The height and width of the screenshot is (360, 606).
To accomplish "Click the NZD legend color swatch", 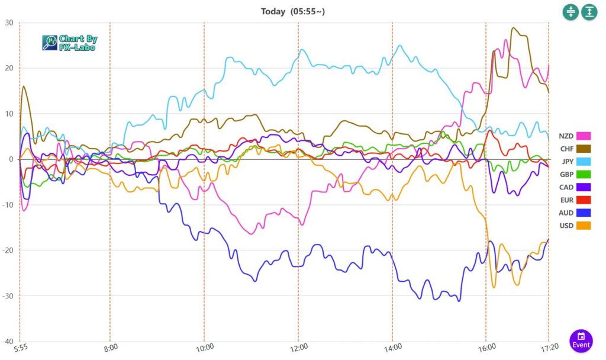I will point(584,136).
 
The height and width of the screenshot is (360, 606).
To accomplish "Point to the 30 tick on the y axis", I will point(9,22).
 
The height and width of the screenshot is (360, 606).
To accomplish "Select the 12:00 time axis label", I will point(298,347).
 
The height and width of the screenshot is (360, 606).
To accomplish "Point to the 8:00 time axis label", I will point(110,347).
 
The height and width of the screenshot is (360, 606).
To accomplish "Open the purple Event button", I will point(581,340).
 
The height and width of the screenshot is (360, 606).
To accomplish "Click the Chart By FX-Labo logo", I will point(70,43).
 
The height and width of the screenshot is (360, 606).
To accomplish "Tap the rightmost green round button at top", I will point(589,12).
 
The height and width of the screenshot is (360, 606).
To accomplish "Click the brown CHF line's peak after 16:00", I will point(512,28).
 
